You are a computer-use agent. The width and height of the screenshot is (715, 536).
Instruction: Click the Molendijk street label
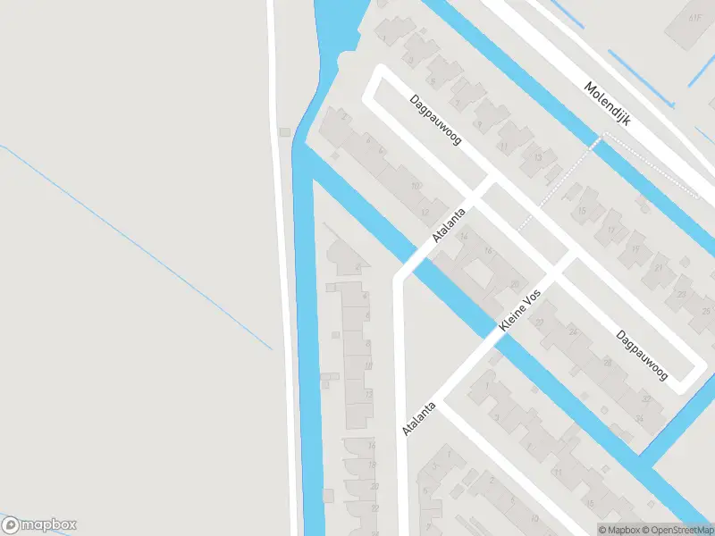pyautogui.click(x=607, y=103)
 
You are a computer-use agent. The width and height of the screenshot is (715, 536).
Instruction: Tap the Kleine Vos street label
pyautogui.click(x=520, y=313)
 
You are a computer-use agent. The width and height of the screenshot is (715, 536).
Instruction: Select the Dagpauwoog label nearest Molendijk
pyautogui.click(x=436, y=121)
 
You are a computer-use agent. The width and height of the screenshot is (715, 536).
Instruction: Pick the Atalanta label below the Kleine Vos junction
pyautogui.click(x=419, y=416)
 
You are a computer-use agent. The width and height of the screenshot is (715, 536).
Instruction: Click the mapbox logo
pyautogui.click(x=39, y=525)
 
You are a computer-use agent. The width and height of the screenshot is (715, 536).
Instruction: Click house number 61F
pyautogui.click(x=695, y=17)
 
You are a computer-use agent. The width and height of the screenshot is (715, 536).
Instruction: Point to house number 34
pyautogui.click(x=640, y=418)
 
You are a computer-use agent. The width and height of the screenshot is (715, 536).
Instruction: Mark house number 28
pyautogui.click(x=607, y=362)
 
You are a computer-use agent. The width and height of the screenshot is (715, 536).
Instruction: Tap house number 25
pyautogui.click(x=707, y=311)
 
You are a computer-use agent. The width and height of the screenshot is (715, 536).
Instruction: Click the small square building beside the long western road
pyautogui.click(x=285, y=133)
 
